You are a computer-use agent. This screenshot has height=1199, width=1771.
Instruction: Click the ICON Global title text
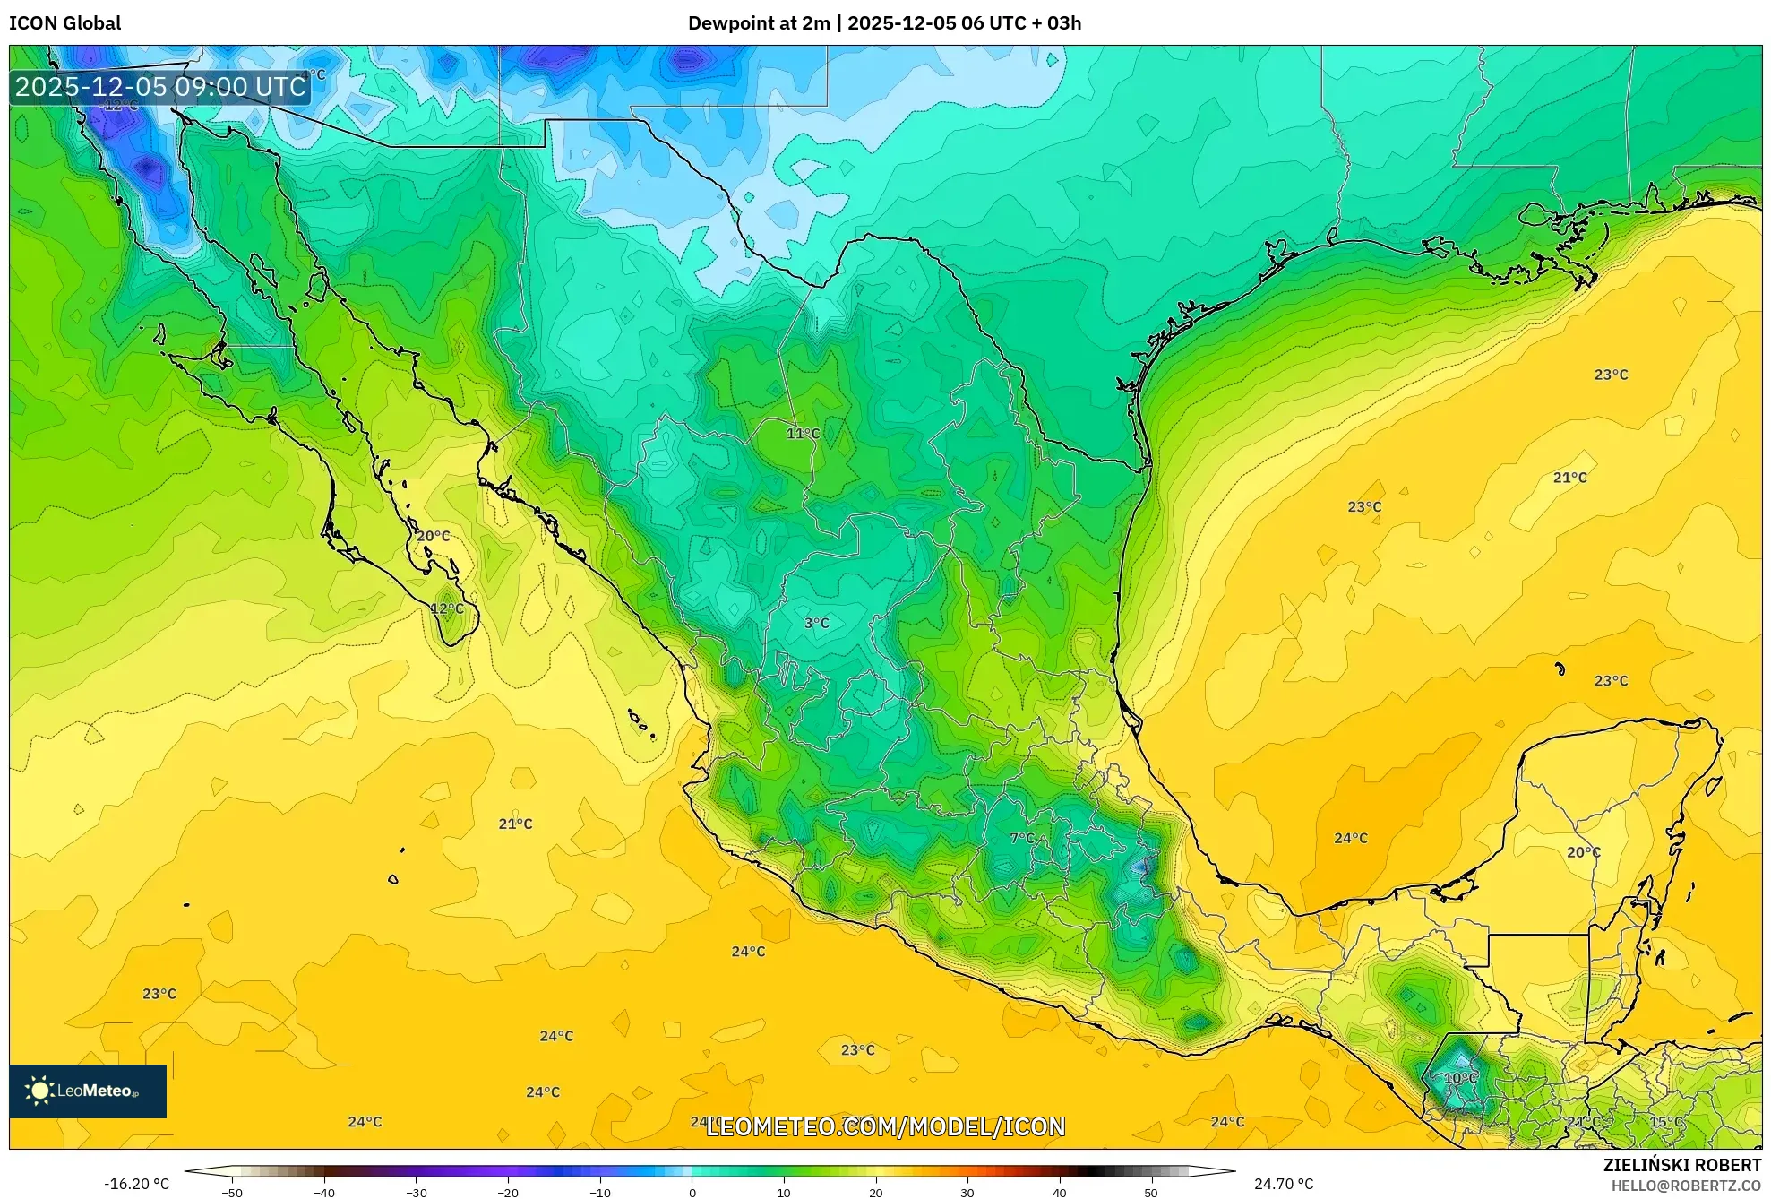pos(64,23)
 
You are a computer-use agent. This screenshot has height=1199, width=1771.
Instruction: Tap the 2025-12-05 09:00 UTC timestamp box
pos(160,87)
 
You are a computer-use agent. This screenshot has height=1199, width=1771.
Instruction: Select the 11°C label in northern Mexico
pos(803,434)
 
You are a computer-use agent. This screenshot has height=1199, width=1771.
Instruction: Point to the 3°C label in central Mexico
pos(816,623)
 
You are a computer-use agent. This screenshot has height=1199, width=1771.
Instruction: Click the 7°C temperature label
pos(1022,839)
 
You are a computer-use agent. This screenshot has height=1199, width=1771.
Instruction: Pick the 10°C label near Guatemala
pos(1460,1078)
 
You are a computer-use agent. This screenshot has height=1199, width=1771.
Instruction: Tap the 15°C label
pos(1666,1122)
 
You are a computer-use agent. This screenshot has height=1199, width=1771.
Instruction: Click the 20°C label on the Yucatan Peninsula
pos(1583,852)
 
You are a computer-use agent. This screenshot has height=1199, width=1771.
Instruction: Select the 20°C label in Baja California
pos(434,536)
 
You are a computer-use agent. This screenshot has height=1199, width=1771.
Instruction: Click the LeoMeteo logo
pos(88,1091)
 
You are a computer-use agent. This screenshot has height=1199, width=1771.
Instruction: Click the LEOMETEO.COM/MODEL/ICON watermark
pos(885,1126)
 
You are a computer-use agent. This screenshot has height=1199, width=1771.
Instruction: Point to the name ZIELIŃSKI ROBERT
pos(1681,1165)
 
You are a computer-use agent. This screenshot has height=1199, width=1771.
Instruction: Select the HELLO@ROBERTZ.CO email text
pos(1686,1186)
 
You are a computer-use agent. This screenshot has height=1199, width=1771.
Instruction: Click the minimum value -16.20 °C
pos(136,1184)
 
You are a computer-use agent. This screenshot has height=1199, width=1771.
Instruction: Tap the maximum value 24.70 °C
pos(1283,1184)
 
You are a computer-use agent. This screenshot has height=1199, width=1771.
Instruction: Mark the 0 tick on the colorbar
pos(692,1193)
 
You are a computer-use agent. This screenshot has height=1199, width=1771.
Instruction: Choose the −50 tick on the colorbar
pos(232,1193)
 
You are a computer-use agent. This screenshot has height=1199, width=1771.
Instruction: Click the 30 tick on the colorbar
pos(967,1193)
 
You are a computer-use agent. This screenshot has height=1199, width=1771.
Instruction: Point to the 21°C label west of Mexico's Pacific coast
pos(515,824)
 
